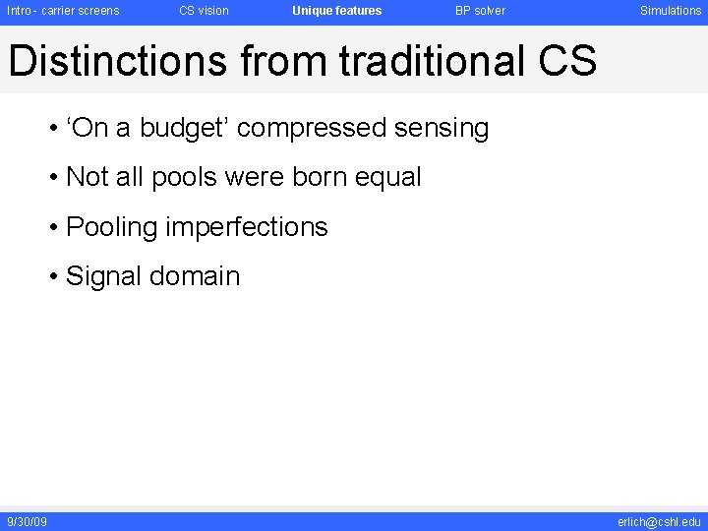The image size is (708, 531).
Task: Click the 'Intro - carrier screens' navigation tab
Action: tap(63, 11)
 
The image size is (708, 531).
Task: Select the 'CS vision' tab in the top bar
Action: tap(204, 11)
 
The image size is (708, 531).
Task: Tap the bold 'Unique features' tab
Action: tap(336, 11)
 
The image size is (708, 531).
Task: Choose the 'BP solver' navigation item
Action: tap(480, 11)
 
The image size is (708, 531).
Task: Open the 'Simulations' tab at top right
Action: tap(671, 11)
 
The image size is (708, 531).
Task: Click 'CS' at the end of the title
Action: tap(567, 61)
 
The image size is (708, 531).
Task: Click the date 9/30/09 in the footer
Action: tap(27, 521)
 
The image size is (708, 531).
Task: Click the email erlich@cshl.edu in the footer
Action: tap(659, 521)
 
